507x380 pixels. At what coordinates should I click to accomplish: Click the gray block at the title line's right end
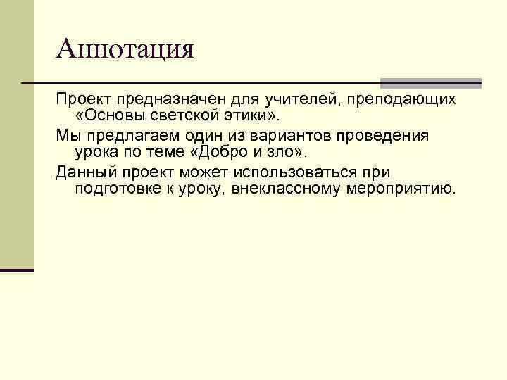pos(430,82)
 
